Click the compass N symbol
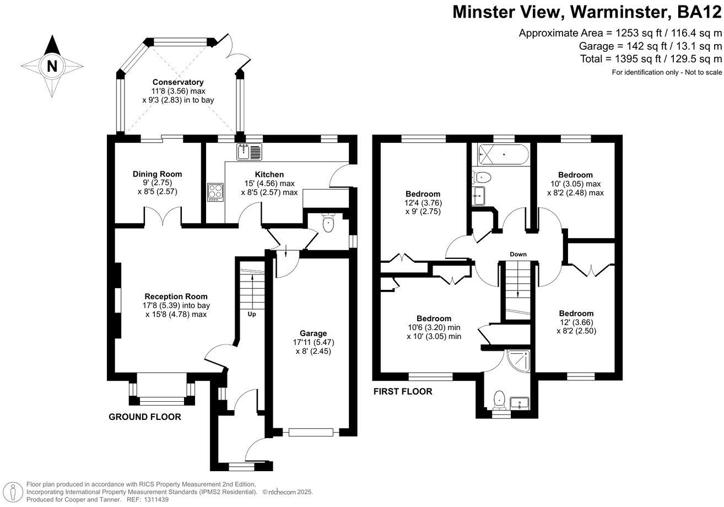pos(52,66)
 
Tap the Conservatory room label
pos(178,82)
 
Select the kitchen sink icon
pos(251,151)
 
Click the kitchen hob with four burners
pos(215,192)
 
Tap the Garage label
pos(313,333)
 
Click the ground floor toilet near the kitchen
pos(328,223)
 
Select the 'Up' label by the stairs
pos(252,315)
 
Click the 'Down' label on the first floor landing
pos(518,254)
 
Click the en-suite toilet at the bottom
pos(500,399)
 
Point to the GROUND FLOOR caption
pos(144,417)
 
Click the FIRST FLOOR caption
pos(403,392)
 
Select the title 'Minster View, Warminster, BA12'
pos(587,12)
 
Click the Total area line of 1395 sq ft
pos(651,59)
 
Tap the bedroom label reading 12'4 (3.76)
pos(423,203)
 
